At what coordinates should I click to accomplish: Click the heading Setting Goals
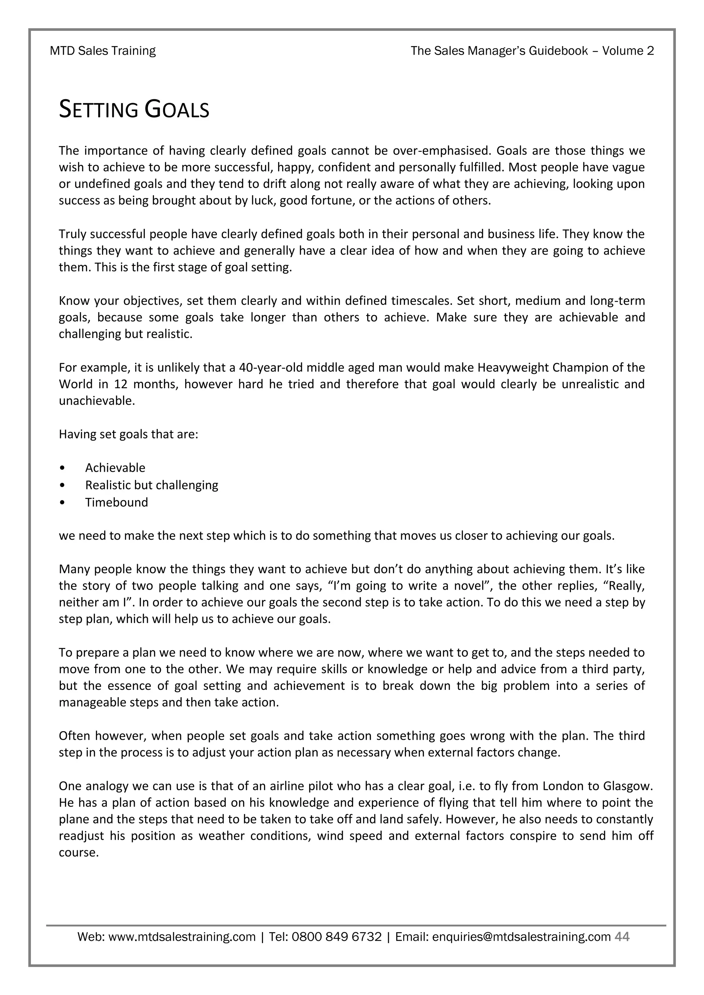click(134, 110)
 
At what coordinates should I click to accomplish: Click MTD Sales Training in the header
click(103, 51)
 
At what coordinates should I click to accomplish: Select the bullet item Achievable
click(115, 468)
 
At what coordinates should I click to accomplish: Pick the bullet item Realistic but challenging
click(151, 485)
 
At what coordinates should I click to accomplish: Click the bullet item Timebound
click(116, 502)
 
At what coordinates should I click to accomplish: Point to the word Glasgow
click(627, 786)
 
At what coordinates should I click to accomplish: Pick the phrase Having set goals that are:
click(128, 435)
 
